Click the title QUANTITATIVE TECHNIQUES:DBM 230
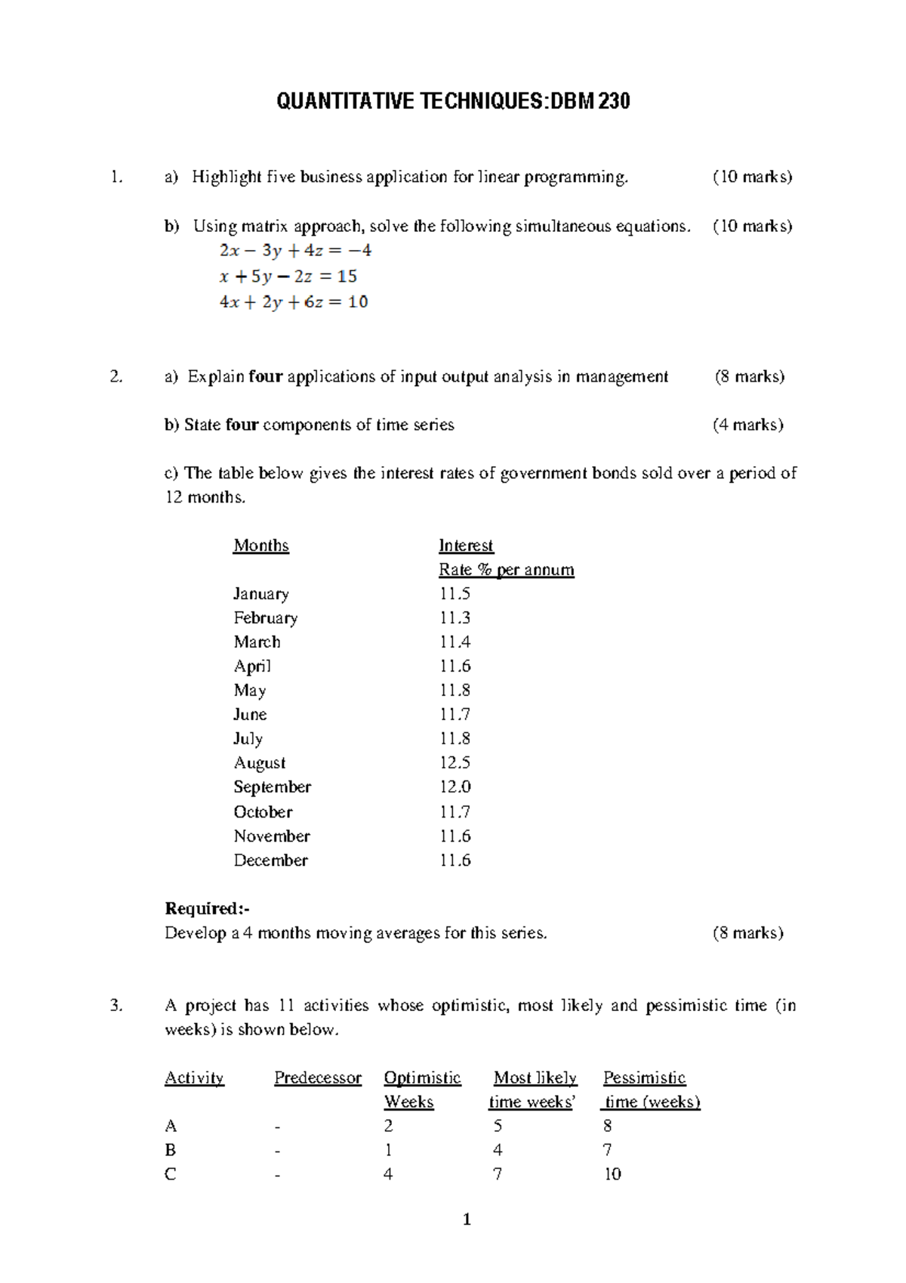click(x=453, y=101)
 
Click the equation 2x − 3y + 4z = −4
click(x=295, y=251)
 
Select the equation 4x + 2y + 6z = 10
click(x=294, y=302)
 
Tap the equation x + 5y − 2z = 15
click(x=288, y=277)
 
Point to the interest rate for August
click(x=455, y=763)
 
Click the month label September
click(x=272, y=787)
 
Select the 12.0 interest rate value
click(x=455, y=787)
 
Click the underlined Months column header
click(x=261, y=546)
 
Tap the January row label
click(x=261, y=594)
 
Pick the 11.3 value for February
click(x=455, y=618)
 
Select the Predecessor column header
click(x=318, y=1078)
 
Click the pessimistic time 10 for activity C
click(x=612, y=1174)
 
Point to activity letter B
click(x=171, y=1150)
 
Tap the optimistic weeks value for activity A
click(x=388, y=1126)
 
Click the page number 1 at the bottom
click(x=467, y=1219)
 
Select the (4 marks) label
click(x=747, y=425)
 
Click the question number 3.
click(x=116, y=1006)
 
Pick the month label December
click(x=270, y=861)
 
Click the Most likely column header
click(x=535, y=1078)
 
